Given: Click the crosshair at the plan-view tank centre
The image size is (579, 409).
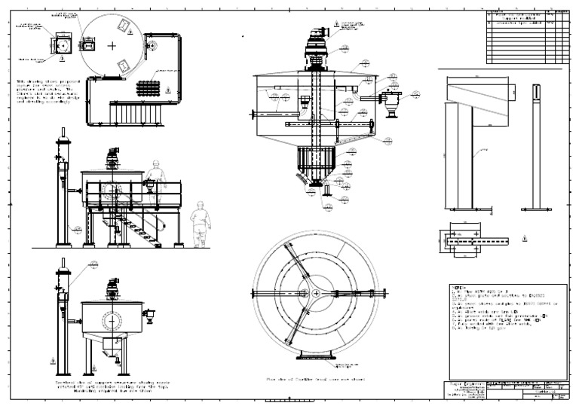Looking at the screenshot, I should (x=112, y=45).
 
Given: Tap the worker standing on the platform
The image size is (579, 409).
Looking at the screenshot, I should (x=155, y=175).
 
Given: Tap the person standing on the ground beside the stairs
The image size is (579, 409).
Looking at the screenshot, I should (x=200, y=224).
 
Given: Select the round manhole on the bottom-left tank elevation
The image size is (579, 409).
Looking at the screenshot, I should (x=114, y=320).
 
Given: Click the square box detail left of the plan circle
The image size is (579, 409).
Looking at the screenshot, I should (x=63, y=45).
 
